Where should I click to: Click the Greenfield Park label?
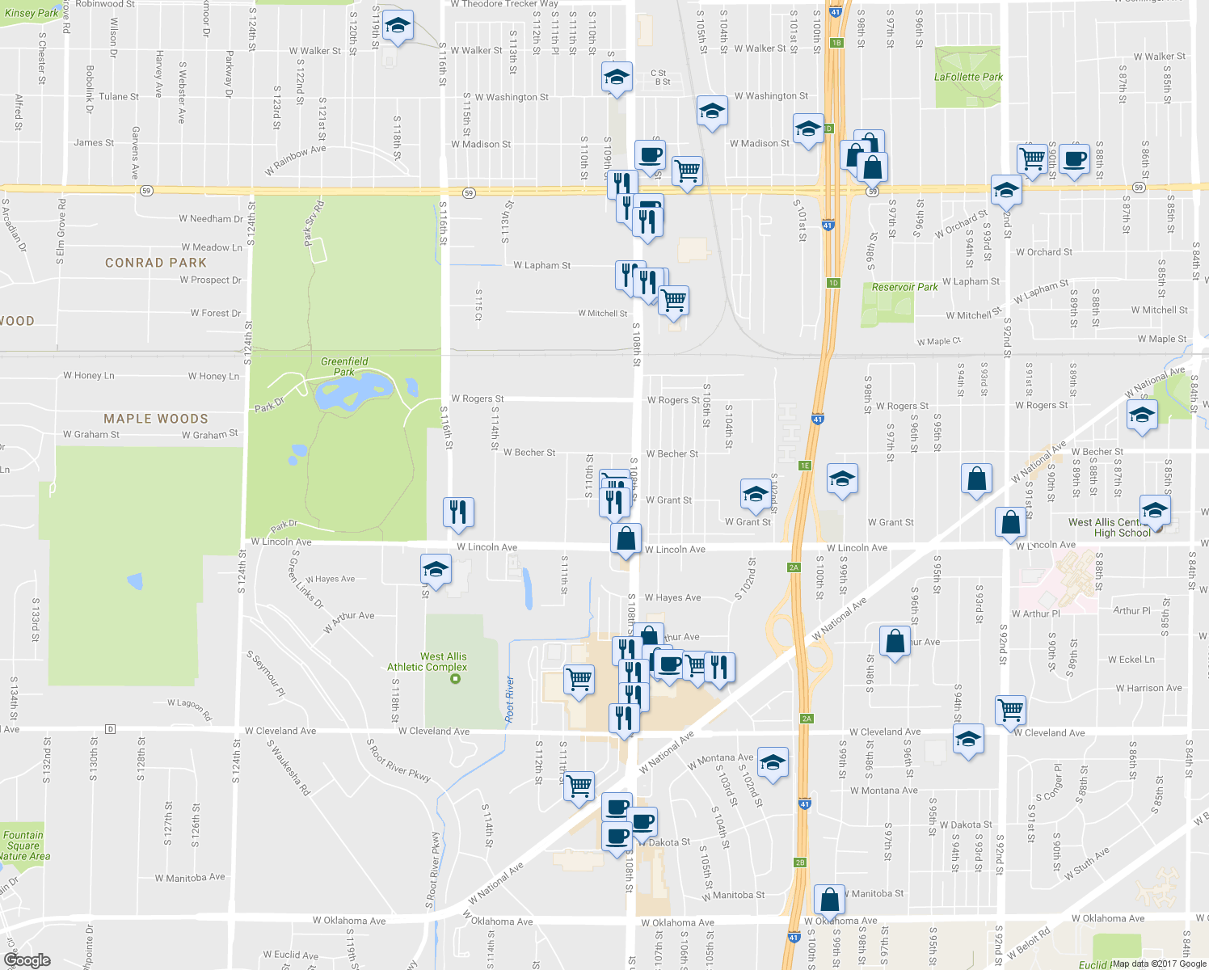point(344,366)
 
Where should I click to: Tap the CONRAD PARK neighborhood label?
point(156,263)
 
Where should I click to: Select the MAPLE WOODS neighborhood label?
point(156,419)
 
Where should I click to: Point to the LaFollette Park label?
point(968,77)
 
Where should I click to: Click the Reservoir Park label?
point(904,287)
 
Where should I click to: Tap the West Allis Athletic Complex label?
point(427,662)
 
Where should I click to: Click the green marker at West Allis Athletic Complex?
point(455,678)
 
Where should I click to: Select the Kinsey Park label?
point(32,13)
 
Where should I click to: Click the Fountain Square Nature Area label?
point(24,846)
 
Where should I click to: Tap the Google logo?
point(27,960)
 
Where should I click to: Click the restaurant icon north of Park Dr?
point(458,512)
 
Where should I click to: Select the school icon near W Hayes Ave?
point(436,570)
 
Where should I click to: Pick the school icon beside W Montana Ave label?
point(773,762)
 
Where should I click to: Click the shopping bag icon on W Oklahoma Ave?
point(829,900)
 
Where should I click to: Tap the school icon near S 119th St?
point(397,27)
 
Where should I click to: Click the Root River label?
point(509,699)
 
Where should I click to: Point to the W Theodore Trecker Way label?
point(504,4)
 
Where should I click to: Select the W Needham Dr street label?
point(211,218)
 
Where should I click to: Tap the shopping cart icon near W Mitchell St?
point(673,300)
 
